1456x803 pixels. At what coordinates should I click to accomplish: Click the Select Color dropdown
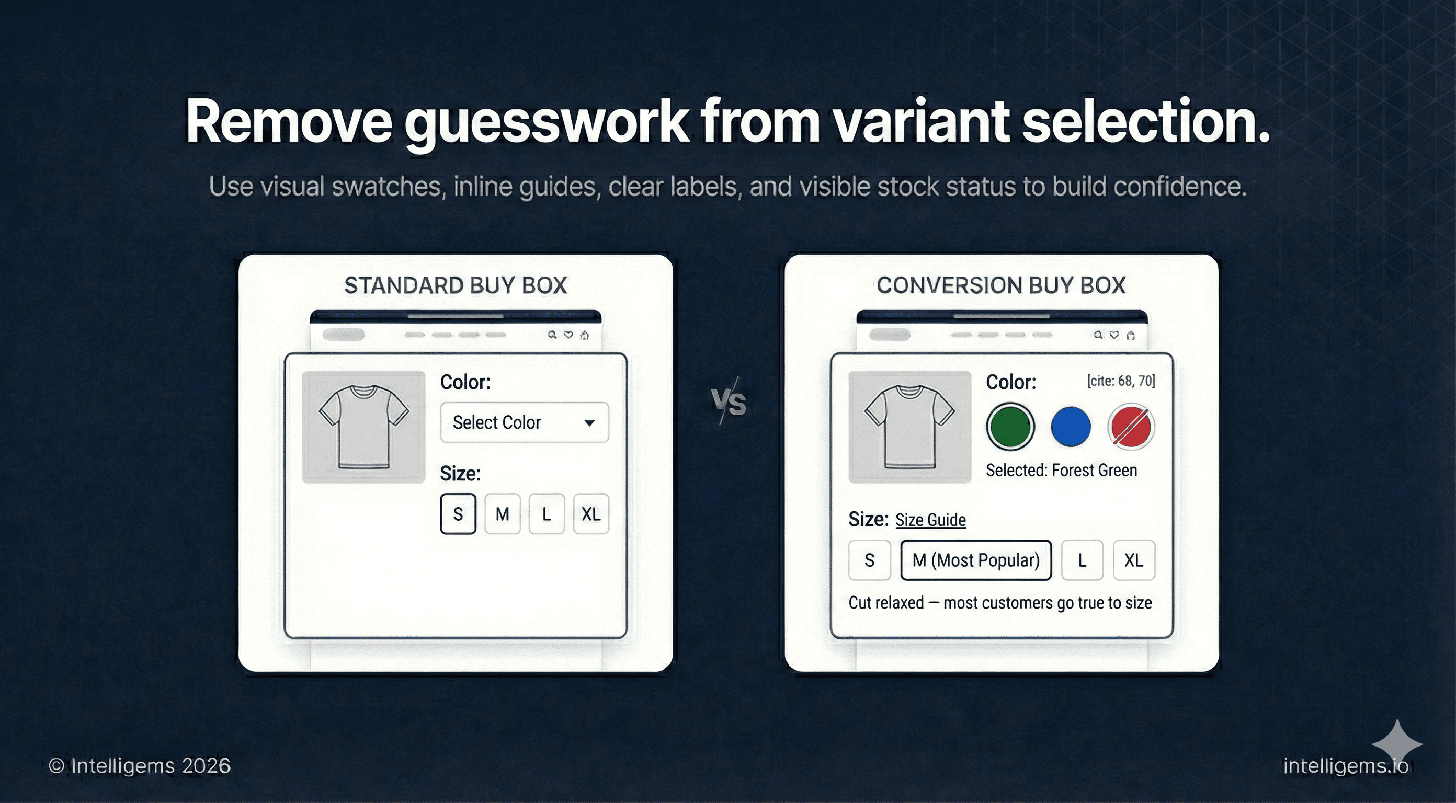tap(525, 422)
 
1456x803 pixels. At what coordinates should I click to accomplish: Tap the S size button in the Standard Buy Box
tap(458, 514)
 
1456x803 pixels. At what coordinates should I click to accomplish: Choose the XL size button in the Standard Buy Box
tap(591, 514)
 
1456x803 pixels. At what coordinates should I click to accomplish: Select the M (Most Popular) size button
tap(976, 560)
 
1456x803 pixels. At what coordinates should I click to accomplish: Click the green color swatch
tap(1010, 427)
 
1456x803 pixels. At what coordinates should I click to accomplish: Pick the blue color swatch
tap(1071, 427)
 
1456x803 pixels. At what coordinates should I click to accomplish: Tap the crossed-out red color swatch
tap(1131, 427)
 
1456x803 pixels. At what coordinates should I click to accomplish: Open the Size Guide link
tap(930, 520)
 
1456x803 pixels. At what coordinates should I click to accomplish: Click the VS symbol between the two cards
tap(729, 403)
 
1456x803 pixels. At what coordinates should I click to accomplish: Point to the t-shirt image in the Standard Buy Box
tap(363, 427)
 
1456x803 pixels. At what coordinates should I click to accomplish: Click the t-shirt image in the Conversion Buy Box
tap(909, 427)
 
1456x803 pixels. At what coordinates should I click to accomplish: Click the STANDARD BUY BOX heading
tap(456, 285)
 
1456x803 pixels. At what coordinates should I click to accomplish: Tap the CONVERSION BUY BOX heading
tap(1001, 285)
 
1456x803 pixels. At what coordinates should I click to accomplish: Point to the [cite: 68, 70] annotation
tap(1121, 381)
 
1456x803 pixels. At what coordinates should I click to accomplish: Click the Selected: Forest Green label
tap(1061, 470)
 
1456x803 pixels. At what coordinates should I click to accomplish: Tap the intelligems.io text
tap(1346, 766)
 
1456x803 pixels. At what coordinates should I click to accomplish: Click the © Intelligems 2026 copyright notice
tap(140, 766)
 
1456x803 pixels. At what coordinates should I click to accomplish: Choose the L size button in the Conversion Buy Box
tap(1082, 560)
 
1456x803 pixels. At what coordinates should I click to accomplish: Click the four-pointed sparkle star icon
tap(1397, 744)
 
